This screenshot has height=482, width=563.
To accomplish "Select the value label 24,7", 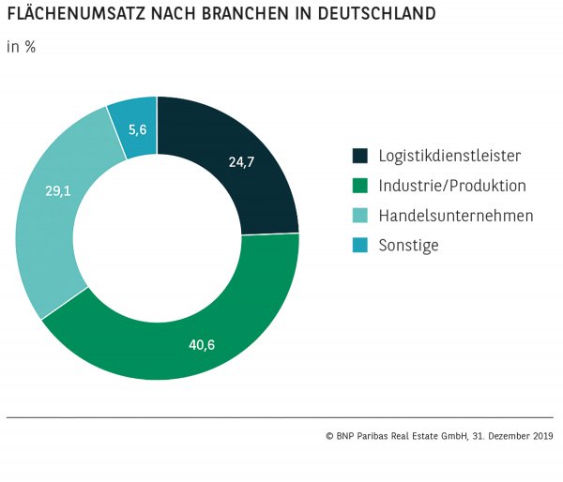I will pos(241,161).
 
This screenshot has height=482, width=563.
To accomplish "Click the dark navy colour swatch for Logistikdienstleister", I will pos(360,156).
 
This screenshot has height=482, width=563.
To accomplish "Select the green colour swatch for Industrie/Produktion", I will pos(360,186).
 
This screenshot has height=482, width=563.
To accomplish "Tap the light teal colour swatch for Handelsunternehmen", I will pos(360,216).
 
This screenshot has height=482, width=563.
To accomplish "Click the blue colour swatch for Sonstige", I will pos(360,246).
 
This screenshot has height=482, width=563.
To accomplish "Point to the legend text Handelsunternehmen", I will pos(456,216).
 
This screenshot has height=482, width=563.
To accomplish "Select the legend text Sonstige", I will pos(408,246).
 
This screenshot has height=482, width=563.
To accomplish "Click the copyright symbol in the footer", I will pos(329,436).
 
